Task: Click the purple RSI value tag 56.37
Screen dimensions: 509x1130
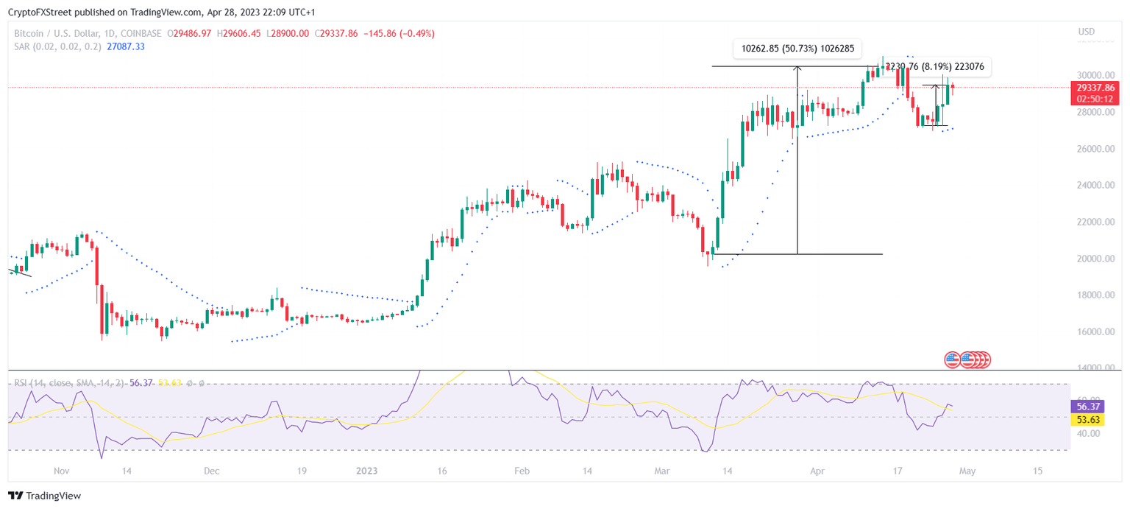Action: pos(1087,406)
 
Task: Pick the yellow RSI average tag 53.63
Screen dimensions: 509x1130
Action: pos(1087,419)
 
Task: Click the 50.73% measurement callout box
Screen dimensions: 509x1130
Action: pos(797,49)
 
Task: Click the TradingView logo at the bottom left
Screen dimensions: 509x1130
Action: pos(44,496)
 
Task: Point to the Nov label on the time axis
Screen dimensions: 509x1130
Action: pos(61,470)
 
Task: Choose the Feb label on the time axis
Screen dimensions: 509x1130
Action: pos(522,470)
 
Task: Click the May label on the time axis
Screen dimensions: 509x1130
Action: pos(967,470)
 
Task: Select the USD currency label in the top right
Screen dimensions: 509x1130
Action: pos(1086,32)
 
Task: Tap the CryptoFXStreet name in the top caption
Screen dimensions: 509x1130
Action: pos(35,13)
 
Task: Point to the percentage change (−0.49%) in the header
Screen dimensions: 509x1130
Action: pos(414,33)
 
